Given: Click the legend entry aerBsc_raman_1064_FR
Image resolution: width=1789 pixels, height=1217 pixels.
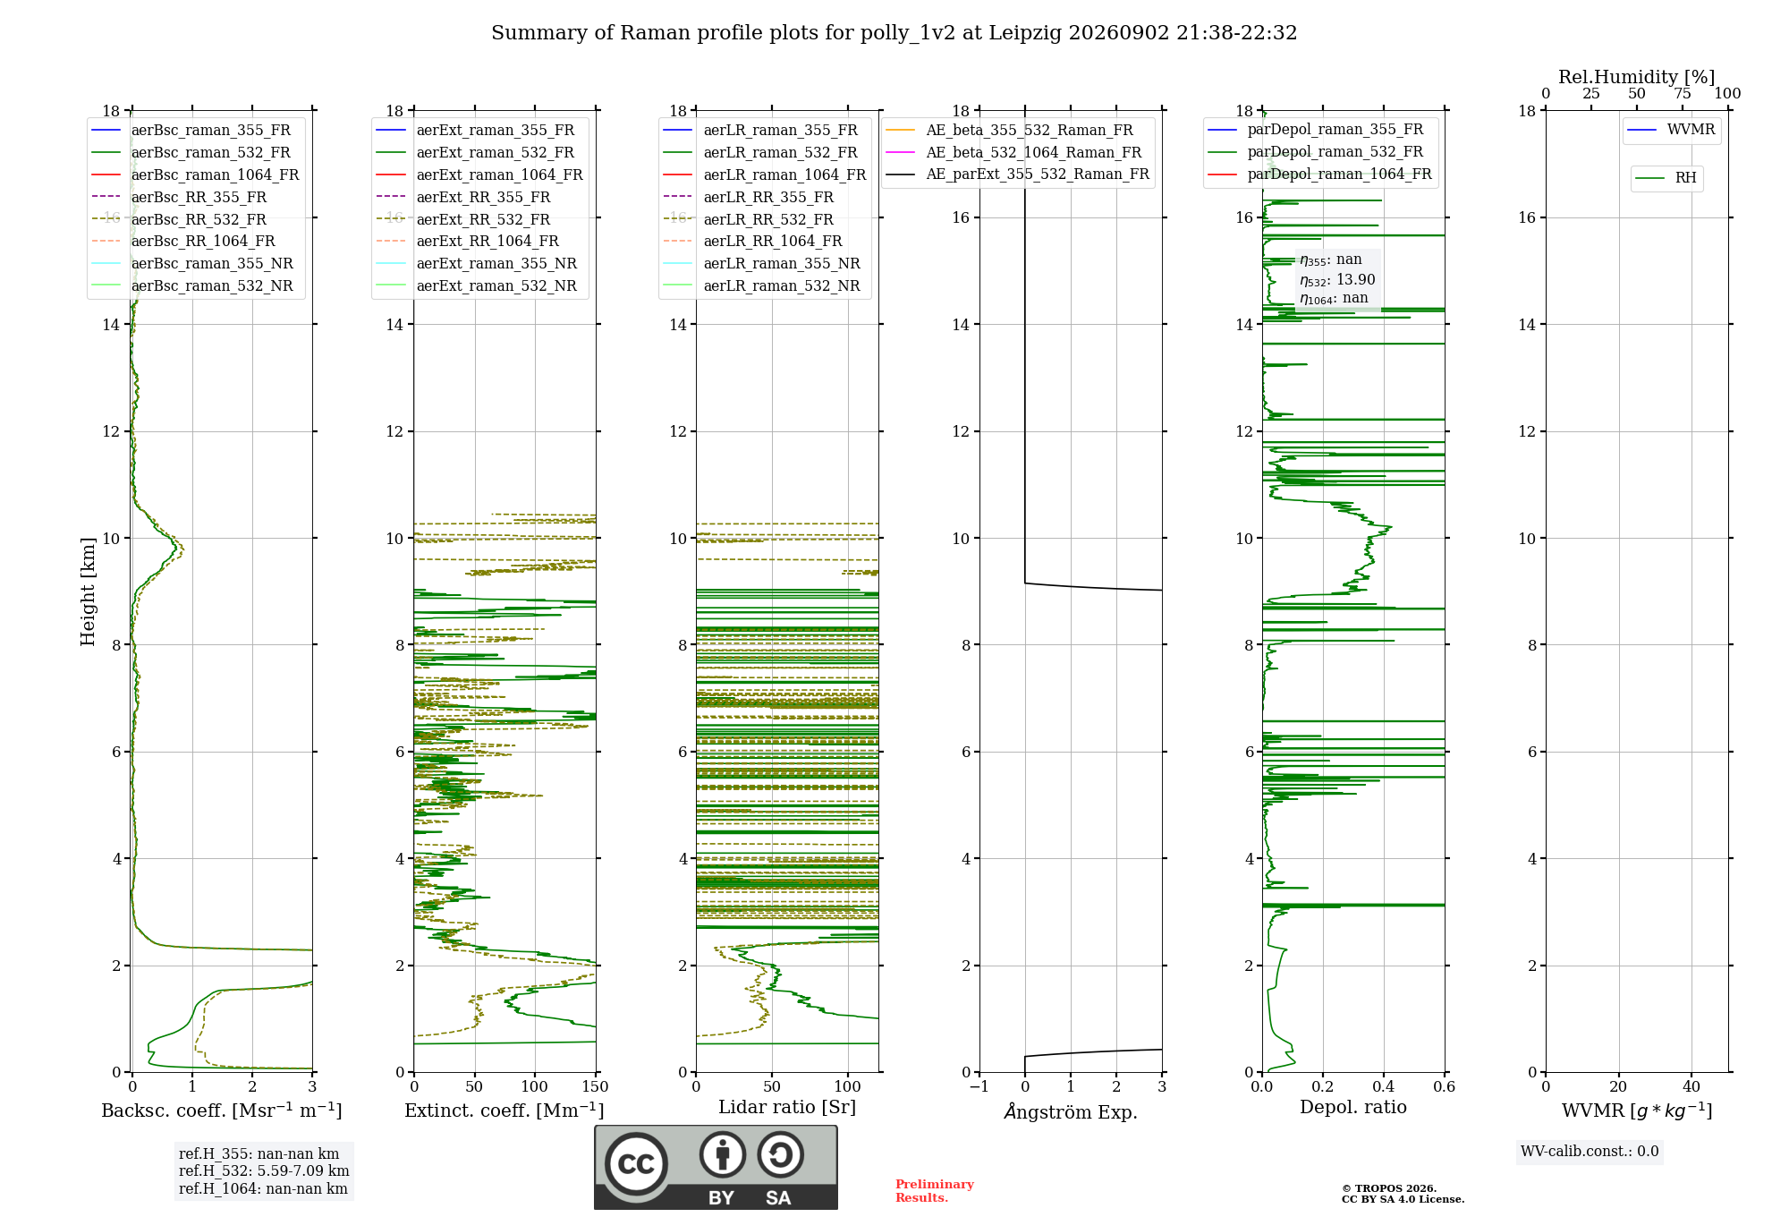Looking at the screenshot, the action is [195, 174].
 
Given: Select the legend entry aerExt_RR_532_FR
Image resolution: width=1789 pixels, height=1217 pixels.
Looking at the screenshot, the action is [463, 219].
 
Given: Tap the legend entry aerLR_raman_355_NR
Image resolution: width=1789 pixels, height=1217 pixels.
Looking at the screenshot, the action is [761, 263].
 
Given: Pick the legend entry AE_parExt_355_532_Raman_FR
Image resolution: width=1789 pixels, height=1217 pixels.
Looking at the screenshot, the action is [1018, 174].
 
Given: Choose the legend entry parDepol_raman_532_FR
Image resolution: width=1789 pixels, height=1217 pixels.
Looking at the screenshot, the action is [1316, 152].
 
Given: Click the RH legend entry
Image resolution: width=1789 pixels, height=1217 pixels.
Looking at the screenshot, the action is [1666, 178].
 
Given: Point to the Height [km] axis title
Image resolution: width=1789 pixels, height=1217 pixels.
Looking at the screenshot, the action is [88, 591].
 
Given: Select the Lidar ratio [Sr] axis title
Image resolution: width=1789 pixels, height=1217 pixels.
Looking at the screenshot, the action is [787, 1108].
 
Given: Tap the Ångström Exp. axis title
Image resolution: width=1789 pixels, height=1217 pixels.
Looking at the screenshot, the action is [1071, 1111].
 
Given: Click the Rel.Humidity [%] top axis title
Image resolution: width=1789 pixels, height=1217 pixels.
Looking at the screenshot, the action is [1637, 77].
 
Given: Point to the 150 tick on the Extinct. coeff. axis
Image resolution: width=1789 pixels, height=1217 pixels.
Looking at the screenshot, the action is [595, 1087].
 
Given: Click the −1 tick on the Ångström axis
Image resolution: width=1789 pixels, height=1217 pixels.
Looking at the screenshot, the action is [979, 1087].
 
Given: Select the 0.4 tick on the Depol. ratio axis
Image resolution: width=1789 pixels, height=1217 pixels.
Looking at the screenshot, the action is [1384, 1087].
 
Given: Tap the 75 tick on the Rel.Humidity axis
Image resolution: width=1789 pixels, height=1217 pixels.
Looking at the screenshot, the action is [1683, 94].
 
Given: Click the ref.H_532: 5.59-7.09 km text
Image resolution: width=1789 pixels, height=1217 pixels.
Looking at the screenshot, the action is [264, 1171].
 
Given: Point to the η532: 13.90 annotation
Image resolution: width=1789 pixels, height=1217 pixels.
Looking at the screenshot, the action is [1337, 280].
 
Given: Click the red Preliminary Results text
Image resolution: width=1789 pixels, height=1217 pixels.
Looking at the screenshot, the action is [935, 1191].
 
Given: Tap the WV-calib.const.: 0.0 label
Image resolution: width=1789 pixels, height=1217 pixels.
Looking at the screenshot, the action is [1590, 1152].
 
